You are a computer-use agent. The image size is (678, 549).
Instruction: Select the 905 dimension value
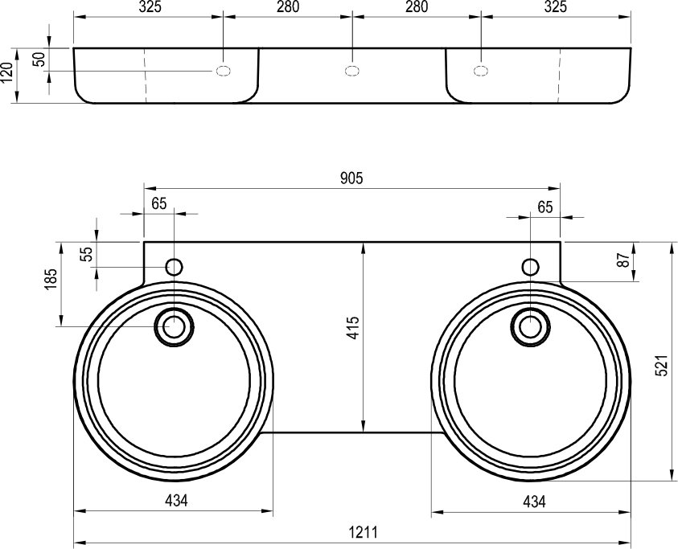351,178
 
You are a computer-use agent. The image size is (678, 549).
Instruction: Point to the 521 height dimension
662,366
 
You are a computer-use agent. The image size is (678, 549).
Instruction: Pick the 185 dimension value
51,281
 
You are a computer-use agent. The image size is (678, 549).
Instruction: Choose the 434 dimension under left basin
176,501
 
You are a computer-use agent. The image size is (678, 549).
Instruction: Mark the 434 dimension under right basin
533,501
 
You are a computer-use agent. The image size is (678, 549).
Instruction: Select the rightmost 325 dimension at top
556,7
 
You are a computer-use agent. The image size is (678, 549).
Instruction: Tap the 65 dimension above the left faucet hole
158,203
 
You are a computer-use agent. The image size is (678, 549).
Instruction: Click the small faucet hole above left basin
174,266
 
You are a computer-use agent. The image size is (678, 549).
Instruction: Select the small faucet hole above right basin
529,266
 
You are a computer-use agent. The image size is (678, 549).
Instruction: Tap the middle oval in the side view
351,71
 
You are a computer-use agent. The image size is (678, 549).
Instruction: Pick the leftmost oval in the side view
223,71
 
